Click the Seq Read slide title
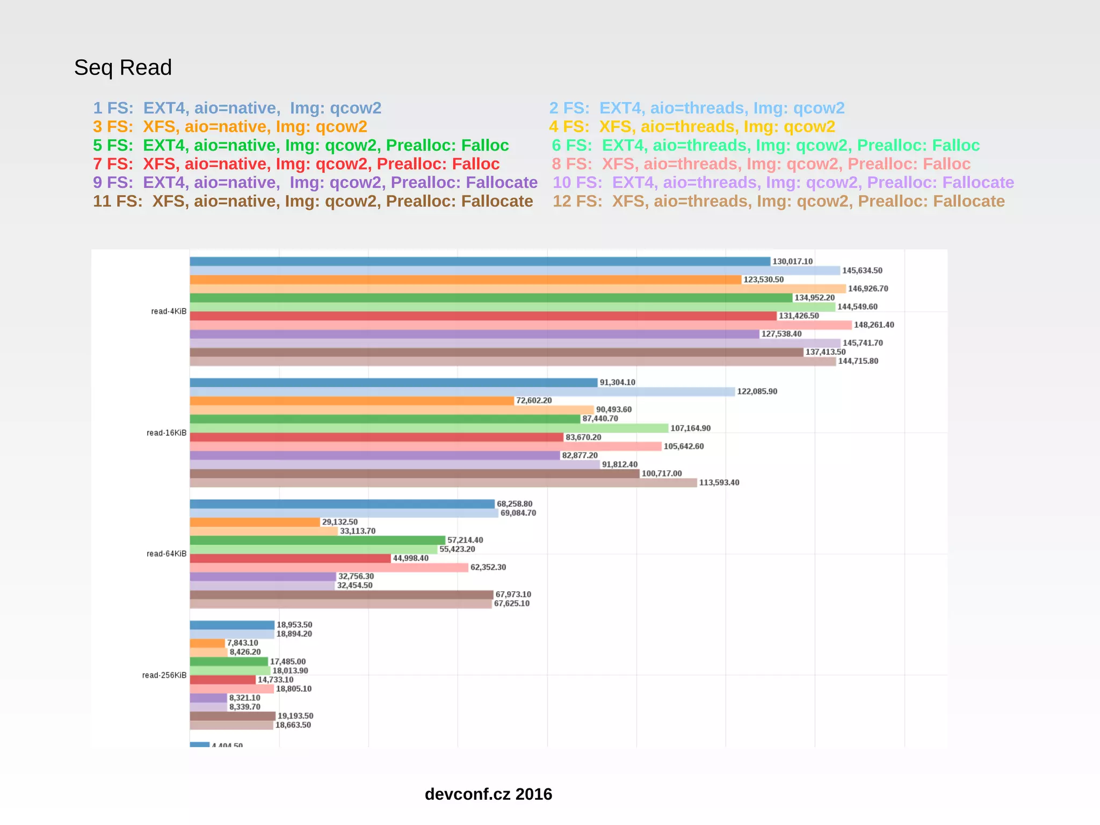coord(122,68)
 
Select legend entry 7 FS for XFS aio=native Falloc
coord(296,164)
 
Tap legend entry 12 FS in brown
coord(778,201)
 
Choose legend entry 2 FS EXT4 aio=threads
coord(697,108)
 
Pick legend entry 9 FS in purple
coord(315,183)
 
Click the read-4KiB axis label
coord(169,312)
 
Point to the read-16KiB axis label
coord(167,433)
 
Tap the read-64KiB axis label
coord(167,554)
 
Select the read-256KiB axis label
coord(164,676)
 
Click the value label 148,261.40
coord(874,325)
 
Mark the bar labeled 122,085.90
coord(462,392)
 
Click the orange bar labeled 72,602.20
coord(352,401)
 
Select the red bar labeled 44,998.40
coord(290,559)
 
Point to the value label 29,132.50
coord(339,522)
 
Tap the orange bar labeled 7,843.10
coord(207,643)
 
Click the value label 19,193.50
coord(295,716)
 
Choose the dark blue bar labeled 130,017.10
coord(480,262)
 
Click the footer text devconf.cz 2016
coord(488,794)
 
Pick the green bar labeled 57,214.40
coord(317,541)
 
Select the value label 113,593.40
coord(719,483)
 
